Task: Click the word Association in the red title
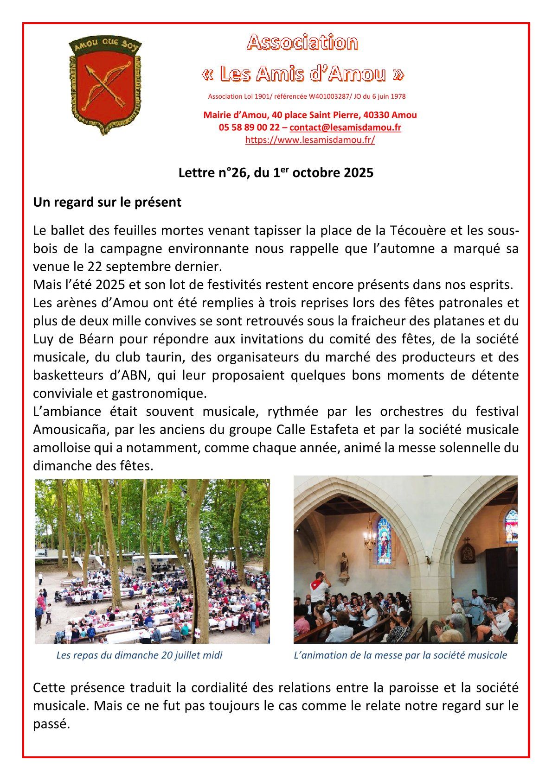point(302,43)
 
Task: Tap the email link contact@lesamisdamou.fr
point(345,127)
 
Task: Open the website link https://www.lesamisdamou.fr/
point(310,140)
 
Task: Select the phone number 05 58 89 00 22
point(249,127)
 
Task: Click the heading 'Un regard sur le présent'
point(107,203)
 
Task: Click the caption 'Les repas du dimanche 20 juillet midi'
point(139,655)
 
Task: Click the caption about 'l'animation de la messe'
point(400,655)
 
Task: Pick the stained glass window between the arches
point(384,540)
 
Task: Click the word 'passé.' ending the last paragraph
point(51,724)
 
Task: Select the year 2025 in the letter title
point(359,173)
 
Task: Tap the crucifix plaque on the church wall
point(468,552)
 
